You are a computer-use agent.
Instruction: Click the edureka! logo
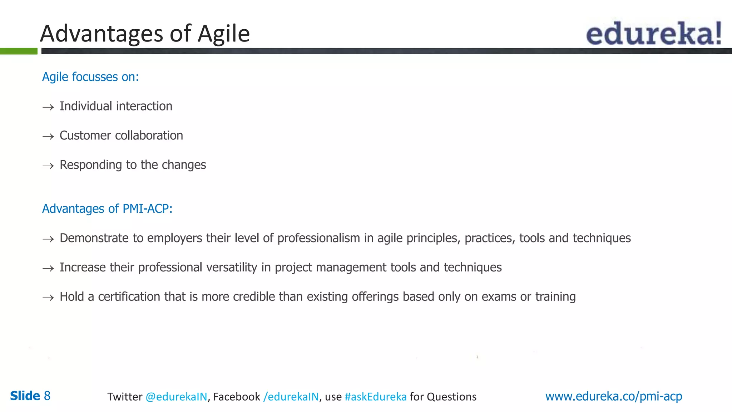[x=653, y=33]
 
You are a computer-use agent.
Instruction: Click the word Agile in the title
[x=223, y=34]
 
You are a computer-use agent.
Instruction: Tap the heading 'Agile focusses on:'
[x=90, y=77]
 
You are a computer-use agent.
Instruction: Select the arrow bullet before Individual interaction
[x=48, y=107]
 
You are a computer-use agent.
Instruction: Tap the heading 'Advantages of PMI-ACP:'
[x=107, y=209]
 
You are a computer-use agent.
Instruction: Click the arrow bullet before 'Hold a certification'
[x=48, y=298]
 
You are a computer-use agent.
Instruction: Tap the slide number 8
[x=47, y=396]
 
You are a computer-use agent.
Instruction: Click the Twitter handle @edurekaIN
[x=176, y=397]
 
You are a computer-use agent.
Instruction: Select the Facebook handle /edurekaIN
[x=291, y=397]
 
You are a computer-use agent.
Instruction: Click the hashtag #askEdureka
[x=375, y=397]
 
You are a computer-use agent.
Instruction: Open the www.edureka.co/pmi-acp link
[x=613, y=396]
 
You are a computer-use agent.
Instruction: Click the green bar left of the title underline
[x=19, y=51]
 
